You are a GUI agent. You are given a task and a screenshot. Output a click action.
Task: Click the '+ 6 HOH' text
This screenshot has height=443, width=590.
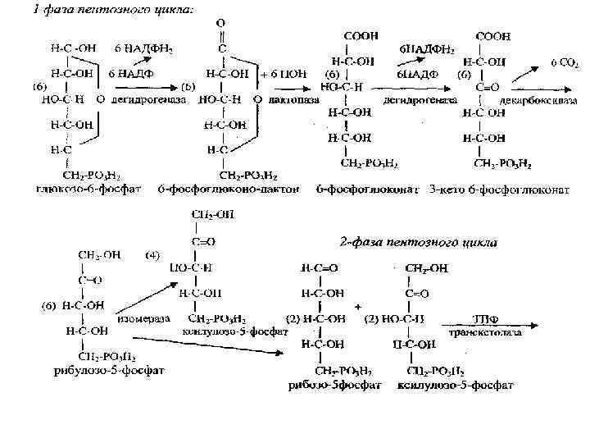[x=283, y=74]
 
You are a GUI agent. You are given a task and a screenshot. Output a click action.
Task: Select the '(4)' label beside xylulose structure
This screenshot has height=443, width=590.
[x=152, y=255]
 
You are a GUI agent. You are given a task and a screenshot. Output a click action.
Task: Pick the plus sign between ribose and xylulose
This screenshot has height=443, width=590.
[x=358, y=305]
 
